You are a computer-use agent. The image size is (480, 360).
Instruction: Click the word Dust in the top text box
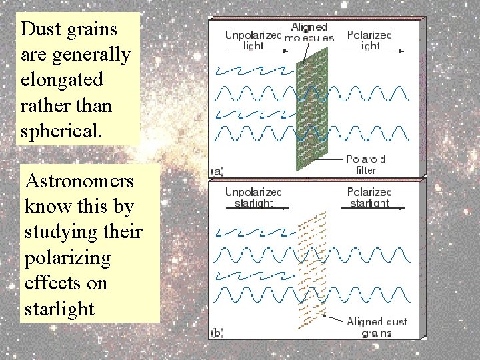[x=39, y=29]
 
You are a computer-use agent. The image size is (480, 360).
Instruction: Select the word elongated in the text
[x=62, y=80]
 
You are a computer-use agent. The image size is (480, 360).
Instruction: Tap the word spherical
[x=61, y=131]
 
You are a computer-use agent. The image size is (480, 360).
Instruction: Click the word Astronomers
[x=79, y=181]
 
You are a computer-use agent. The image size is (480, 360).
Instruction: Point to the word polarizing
[x=67, y=258]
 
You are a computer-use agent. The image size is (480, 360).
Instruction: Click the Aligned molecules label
[x=309, y=32]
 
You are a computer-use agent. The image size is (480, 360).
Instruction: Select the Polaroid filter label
[x=366, y=165]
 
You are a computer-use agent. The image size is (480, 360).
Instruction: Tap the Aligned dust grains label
[x=377, y=327]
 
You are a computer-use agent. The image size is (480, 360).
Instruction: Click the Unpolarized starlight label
[x=253, y=197]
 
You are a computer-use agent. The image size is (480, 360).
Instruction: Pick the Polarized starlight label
[x=369, y=197]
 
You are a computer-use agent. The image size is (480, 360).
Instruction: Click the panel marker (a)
[x=217, y=171]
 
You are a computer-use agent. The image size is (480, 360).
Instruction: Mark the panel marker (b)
[x=217, y=331]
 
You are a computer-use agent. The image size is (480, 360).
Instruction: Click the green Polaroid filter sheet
[x=311, y=113]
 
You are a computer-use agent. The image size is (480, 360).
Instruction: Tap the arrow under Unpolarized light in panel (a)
[x=253, y=50]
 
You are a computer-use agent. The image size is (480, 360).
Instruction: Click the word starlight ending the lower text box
[x=59, y=309]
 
